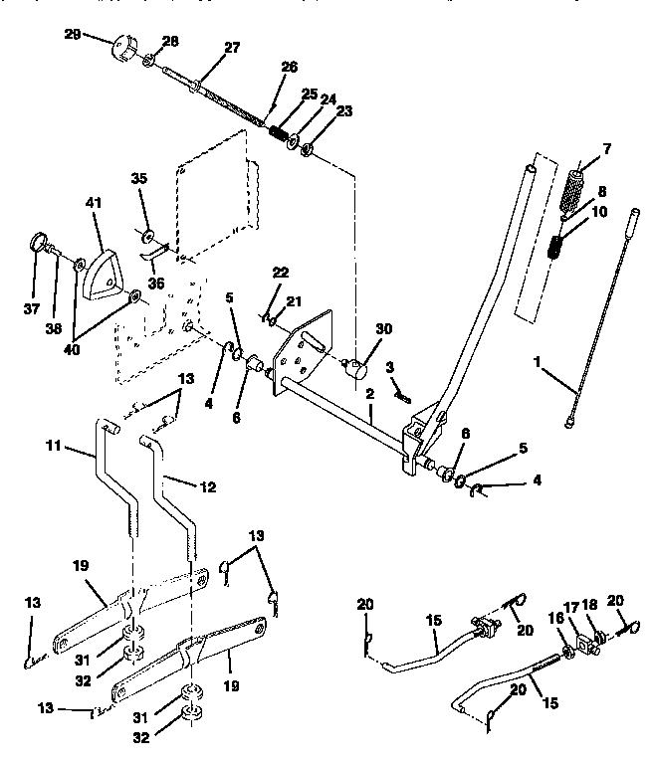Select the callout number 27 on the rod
(x=231, y=49)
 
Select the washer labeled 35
(x=147, y=236)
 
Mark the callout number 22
(x=282, y=273)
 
